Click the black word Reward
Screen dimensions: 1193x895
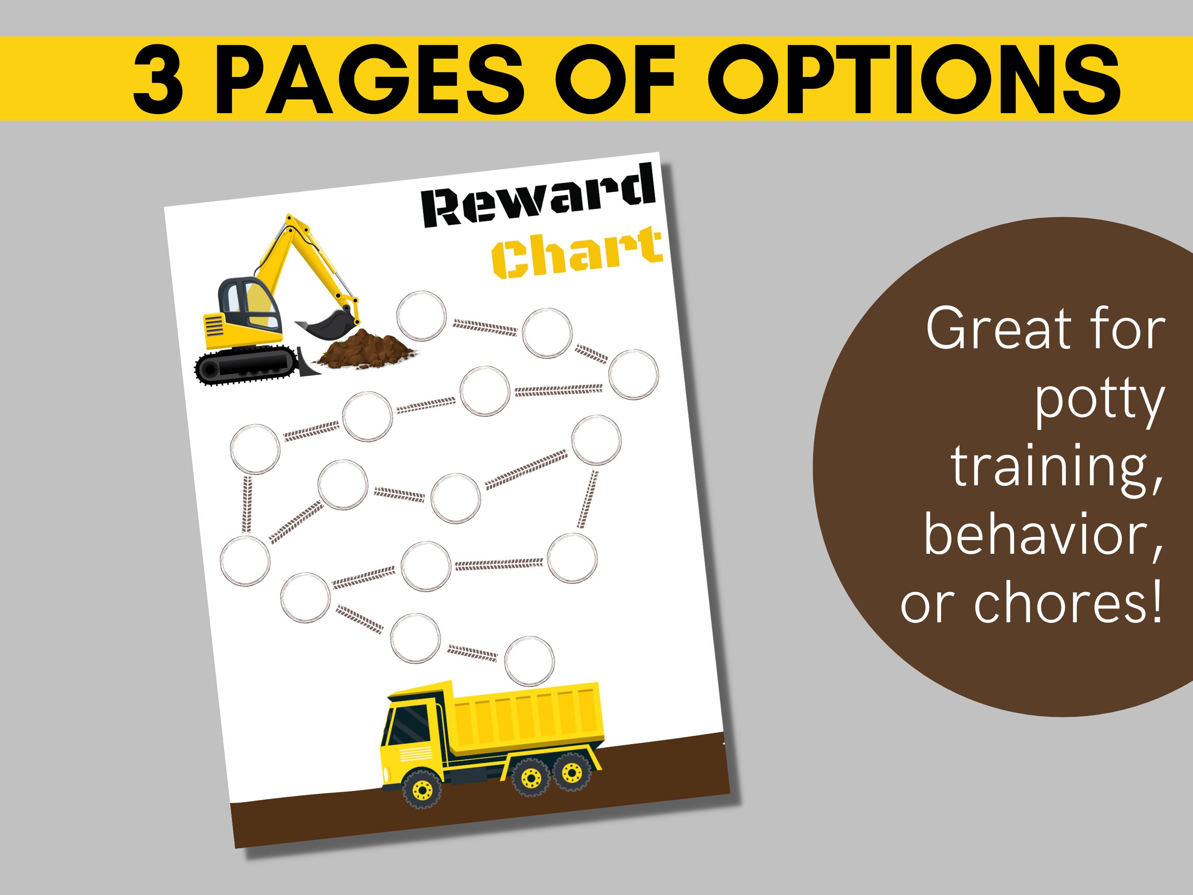click(538, 195)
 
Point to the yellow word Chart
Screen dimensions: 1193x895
click(577, 252)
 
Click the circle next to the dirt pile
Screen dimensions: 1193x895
click(421, 316)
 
